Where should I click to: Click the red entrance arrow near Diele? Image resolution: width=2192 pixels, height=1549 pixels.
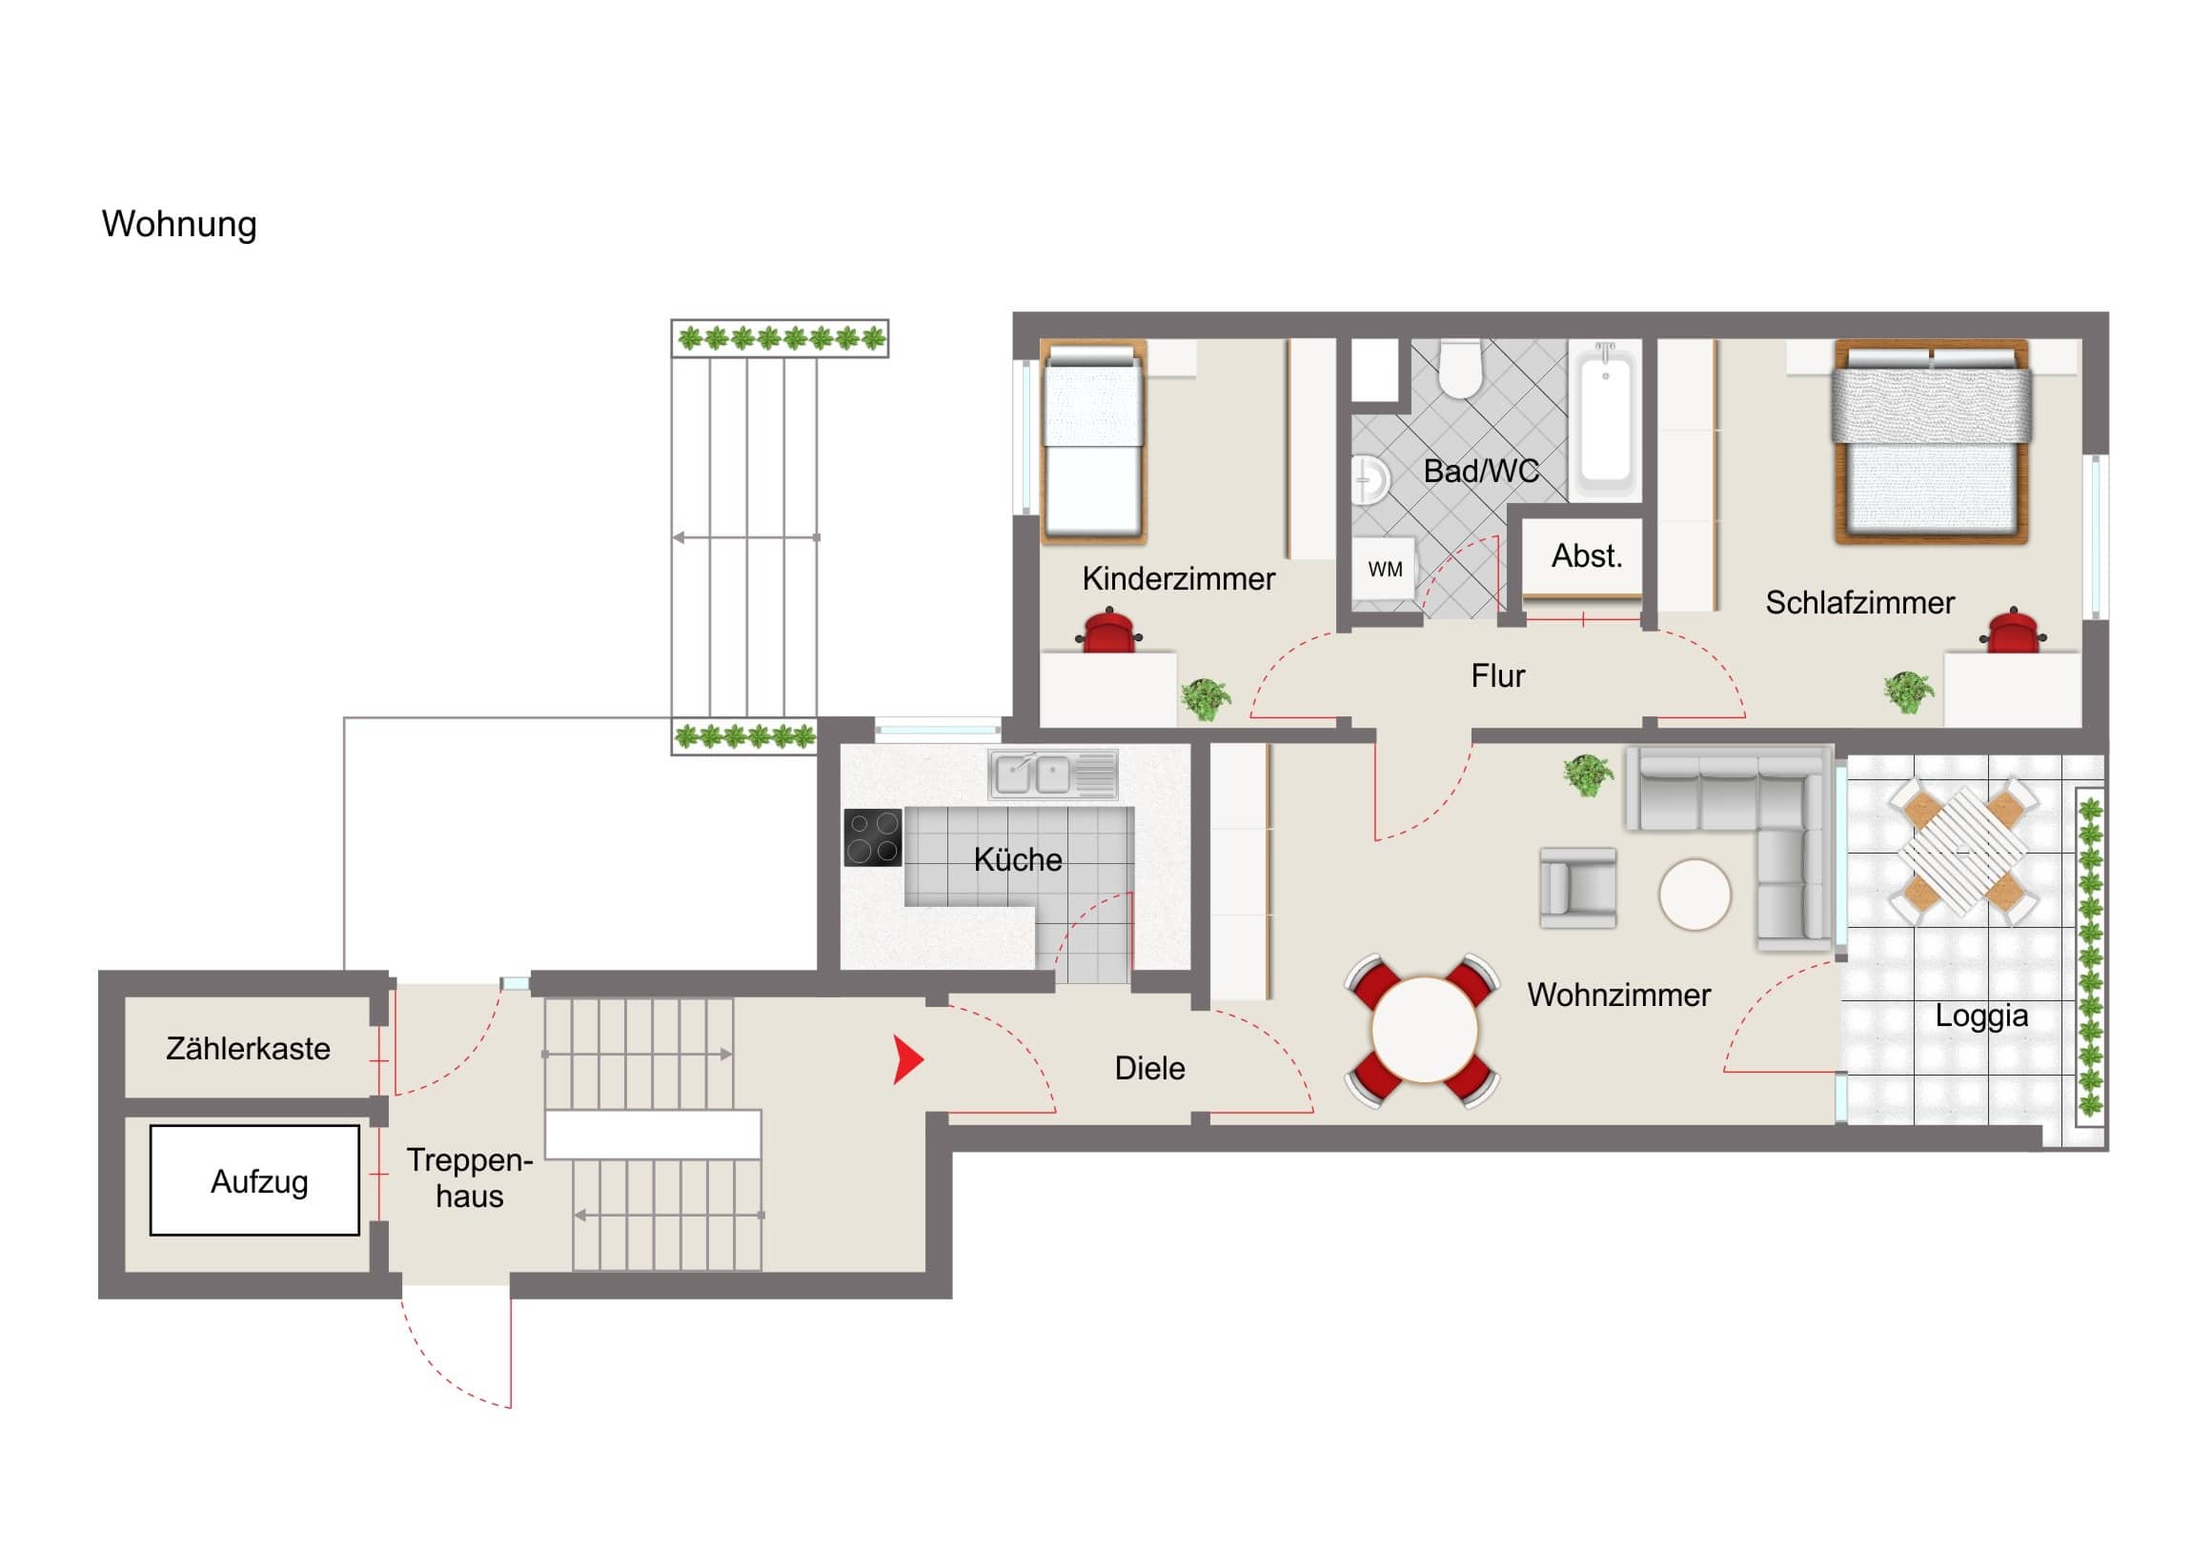[x=907, y=1059]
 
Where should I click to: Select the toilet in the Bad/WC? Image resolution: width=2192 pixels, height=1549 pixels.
[x=1460, y=370]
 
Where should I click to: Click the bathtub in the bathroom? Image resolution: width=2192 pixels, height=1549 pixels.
[x=1606, y=421]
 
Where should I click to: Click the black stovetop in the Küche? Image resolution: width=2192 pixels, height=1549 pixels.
[x=873, y=838]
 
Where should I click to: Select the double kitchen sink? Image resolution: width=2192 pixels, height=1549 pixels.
[x=1053, y=774]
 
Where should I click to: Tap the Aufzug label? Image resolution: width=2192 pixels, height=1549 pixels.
[x=259, y=1181]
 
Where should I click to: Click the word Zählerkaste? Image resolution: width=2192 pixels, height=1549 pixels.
[x=248, y=1049]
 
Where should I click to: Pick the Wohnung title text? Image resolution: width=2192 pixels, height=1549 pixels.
[x=179, y=224]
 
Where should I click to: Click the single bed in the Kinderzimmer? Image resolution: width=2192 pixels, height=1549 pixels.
[x=1093, y=442]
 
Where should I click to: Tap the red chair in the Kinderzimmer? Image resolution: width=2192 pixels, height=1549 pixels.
[x=1109, y=632]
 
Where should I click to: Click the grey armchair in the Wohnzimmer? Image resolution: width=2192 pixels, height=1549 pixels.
[x=1578, y=888]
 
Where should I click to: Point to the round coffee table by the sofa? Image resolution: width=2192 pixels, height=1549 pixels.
[x=1695, y=895]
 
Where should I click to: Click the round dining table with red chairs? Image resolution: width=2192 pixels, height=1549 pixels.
[x=1424, y=1031]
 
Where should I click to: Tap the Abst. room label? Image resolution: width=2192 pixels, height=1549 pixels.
[x=1587, y=555]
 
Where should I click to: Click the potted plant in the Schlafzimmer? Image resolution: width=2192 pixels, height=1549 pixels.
[x=1908, y=691]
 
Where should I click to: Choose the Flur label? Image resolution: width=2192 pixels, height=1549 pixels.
[x=1498, y=675]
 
